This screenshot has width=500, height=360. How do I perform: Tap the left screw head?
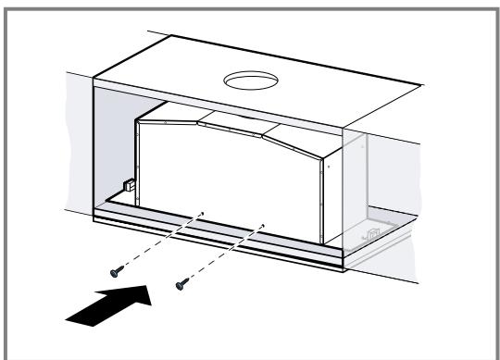coord(115,270)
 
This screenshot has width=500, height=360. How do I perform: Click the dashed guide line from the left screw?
coord(157,242)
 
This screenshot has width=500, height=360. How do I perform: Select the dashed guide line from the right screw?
coord(220,252)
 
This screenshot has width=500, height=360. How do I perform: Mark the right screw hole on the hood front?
coord(264,223)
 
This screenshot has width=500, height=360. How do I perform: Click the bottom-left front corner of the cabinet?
coord(94,222)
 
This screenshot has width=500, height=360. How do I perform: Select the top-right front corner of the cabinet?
coord(344,129)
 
